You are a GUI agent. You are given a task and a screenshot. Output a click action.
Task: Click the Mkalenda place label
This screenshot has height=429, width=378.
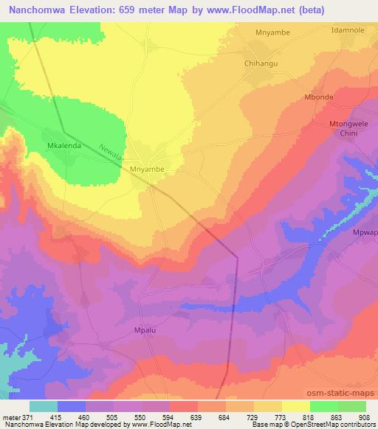(x=62, y=145)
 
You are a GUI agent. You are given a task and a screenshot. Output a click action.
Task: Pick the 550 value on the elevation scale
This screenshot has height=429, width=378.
(x=125, y=417)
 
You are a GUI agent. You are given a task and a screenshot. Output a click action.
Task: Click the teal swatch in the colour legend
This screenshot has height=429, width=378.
(x=44, y=406)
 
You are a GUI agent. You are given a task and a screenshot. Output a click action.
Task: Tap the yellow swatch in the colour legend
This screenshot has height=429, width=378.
(x=297, y=406)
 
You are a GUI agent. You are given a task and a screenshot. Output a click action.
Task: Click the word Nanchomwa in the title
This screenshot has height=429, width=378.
(x=34, y=9)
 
